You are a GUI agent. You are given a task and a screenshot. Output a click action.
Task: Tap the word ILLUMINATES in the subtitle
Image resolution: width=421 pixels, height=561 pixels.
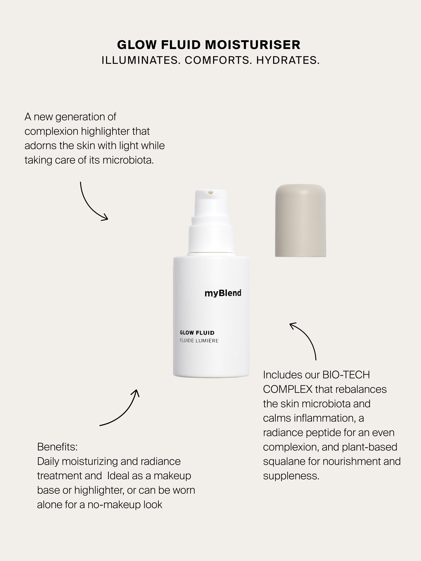(x=141, y=60)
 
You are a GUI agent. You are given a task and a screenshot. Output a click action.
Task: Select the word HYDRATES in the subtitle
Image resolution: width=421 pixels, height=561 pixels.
(x=288, y=60)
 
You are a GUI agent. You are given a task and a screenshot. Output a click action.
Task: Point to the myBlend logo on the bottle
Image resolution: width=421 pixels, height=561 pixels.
(x=223, y=293)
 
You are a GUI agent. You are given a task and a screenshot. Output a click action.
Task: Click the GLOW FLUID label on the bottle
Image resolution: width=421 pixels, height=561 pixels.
(x=197, y=333)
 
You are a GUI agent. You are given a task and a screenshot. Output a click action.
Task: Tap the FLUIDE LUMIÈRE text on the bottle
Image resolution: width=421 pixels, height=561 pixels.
(x=199, y=341)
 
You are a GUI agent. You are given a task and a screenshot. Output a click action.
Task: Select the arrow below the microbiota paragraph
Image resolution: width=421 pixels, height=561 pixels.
(x=93, y=203)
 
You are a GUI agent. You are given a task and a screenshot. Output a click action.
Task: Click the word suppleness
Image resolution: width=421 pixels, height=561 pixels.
(x=291, y=476)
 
